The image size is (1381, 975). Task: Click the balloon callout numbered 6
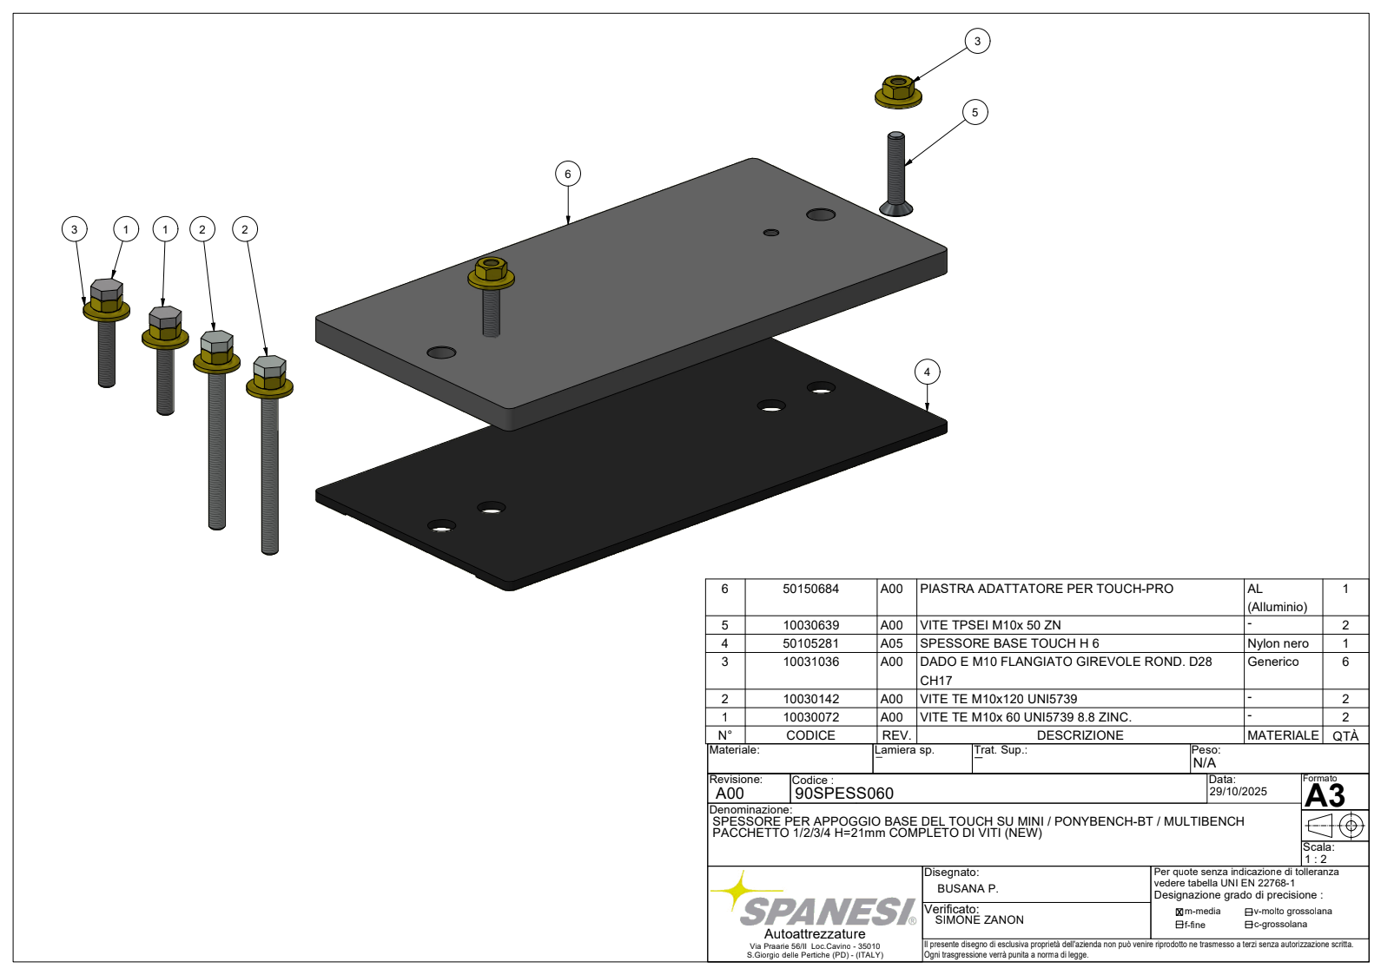coord(568,174)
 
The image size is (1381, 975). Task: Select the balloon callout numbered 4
coord(927,372)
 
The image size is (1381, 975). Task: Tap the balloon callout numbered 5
coord(975,112)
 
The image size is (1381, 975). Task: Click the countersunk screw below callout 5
coord(896,175)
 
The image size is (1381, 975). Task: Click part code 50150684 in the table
coord(810,589)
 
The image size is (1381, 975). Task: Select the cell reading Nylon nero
coord(1278,643)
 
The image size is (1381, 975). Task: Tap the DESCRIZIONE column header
coord(1080,735)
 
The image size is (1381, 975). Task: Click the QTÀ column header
coord(1345,735)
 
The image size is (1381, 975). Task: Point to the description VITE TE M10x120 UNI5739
coord(998,699)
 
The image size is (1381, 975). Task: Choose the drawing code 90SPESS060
coord(844,793)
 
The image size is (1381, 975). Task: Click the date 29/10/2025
coord(1238,792)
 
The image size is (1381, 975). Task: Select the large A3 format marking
coord(1325,795)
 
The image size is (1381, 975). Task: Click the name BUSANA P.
coord(968,888)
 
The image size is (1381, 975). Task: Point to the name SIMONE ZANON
coord(979,919)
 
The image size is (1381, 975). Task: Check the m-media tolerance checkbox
coord(1179,912)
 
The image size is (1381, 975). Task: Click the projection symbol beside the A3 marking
coord(1335,826)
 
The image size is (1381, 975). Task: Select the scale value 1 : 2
coord(1316,859)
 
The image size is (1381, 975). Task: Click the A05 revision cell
coord(891,643)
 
